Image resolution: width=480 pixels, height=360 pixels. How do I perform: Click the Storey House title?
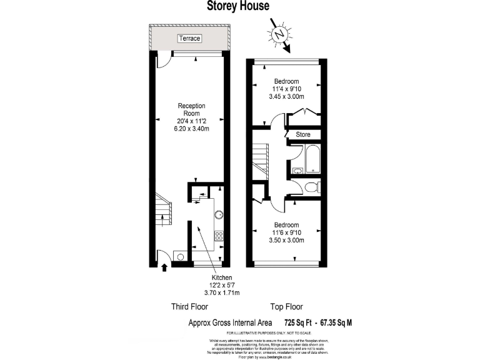(238, 6)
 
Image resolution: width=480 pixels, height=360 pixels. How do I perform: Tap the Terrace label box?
(189, 39)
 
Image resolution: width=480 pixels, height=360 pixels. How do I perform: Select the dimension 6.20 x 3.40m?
(191, 128)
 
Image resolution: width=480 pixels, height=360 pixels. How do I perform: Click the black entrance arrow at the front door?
(164, 267)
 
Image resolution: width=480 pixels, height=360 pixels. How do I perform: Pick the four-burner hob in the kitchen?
(219, 236)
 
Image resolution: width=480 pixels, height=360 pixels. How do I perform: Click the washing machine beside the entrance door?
(180, 256)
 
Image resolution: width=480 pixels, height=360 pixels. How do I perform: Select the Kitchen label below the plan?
(221, 277)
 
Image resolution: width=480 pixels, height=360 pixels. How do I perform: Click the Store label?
(303, 134)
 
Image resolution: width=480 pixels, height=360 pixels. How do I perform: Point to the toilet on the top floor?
(314, 186)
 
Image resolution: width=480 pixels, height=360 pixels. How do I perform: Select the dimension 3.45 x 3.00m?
(286, 97)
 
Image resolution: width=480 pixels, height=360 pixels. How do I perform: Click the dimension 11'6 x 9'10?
(286, 232)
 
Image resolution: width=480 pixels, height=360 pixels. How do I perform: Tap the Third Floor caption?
(189, 307)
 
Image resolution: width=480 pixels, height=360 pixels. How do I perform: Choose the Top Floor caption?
(286, 307)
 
